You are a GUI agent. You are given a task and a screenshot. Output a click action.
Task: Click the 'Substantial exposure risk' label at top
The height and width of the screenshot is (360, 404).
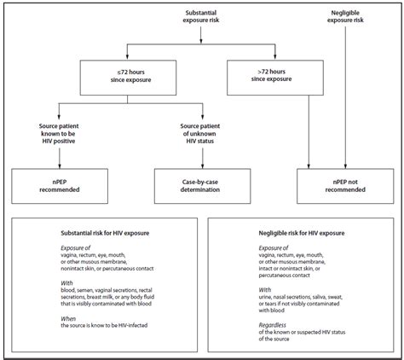coord(201,16)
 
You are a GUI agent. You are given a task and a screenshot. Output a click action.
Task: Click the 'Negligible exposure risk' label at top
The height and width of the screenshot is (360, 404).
coord(345,16)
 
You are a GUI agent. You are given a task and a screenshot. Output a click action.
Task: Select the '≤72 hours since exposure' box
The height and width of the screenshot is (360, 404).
coord(128,78)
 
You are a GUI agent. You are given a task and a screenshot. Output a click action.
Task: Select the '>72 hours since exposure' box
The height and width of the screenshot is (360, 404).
coord(275,78)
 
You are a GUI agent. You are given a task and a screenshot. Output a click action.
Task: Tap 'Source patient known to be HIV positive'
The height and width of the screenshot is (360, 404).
coord(59,134)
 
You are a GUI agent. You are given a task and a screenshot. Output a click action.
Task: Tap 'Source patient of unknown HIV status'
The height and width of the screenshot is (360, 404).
coord(200,134)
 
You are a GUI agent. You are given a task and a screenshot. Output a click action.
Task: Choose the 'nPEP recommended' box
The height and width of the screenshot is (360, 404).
coord(60,186)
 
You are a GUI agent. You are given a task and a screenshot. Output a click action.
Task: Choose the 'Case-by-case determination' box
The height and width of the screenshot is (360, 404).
coord(202,186)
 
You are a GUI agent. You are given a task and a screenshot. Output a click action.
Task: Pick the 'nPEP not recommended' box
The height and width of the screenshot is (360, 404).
coord(345,186)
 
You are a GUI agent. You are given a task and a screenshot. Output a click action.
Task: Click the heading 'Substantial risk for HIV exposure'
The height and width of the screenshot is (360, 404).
coord(105,233)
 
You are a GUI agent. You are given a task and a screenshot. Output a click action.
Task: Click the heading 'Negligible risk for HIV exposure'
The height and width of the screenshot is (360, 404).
coord(302,233)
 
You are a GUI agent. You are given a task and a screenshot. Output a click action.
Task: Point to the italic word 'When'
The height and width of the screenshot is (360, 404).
coord(68,318)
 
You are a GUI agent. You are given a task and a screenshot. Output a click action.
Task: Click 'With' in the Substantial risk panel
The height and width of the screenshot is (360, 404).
coord(66,283)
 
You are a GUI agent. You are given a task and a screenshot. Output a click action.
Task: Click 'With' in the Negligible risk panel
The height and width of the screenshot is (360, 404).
coord(264,290)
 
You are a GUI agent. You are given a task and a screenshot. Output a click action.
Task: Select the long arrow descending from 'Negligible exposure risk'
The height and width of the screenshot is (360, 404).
coord(345,97)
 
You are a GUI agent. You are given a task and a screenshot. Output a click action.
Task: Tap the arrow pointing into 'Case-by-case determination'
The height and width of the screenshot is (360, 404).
coord(203,158)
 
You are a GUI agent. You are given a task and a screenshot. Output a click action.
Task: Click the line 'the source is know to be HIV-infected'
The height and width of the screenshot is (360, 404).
coord(104,325)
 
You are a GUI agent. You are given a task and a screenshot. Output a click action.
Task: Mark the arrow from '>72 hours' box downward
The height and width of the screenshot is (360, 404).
coord(309,132)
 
